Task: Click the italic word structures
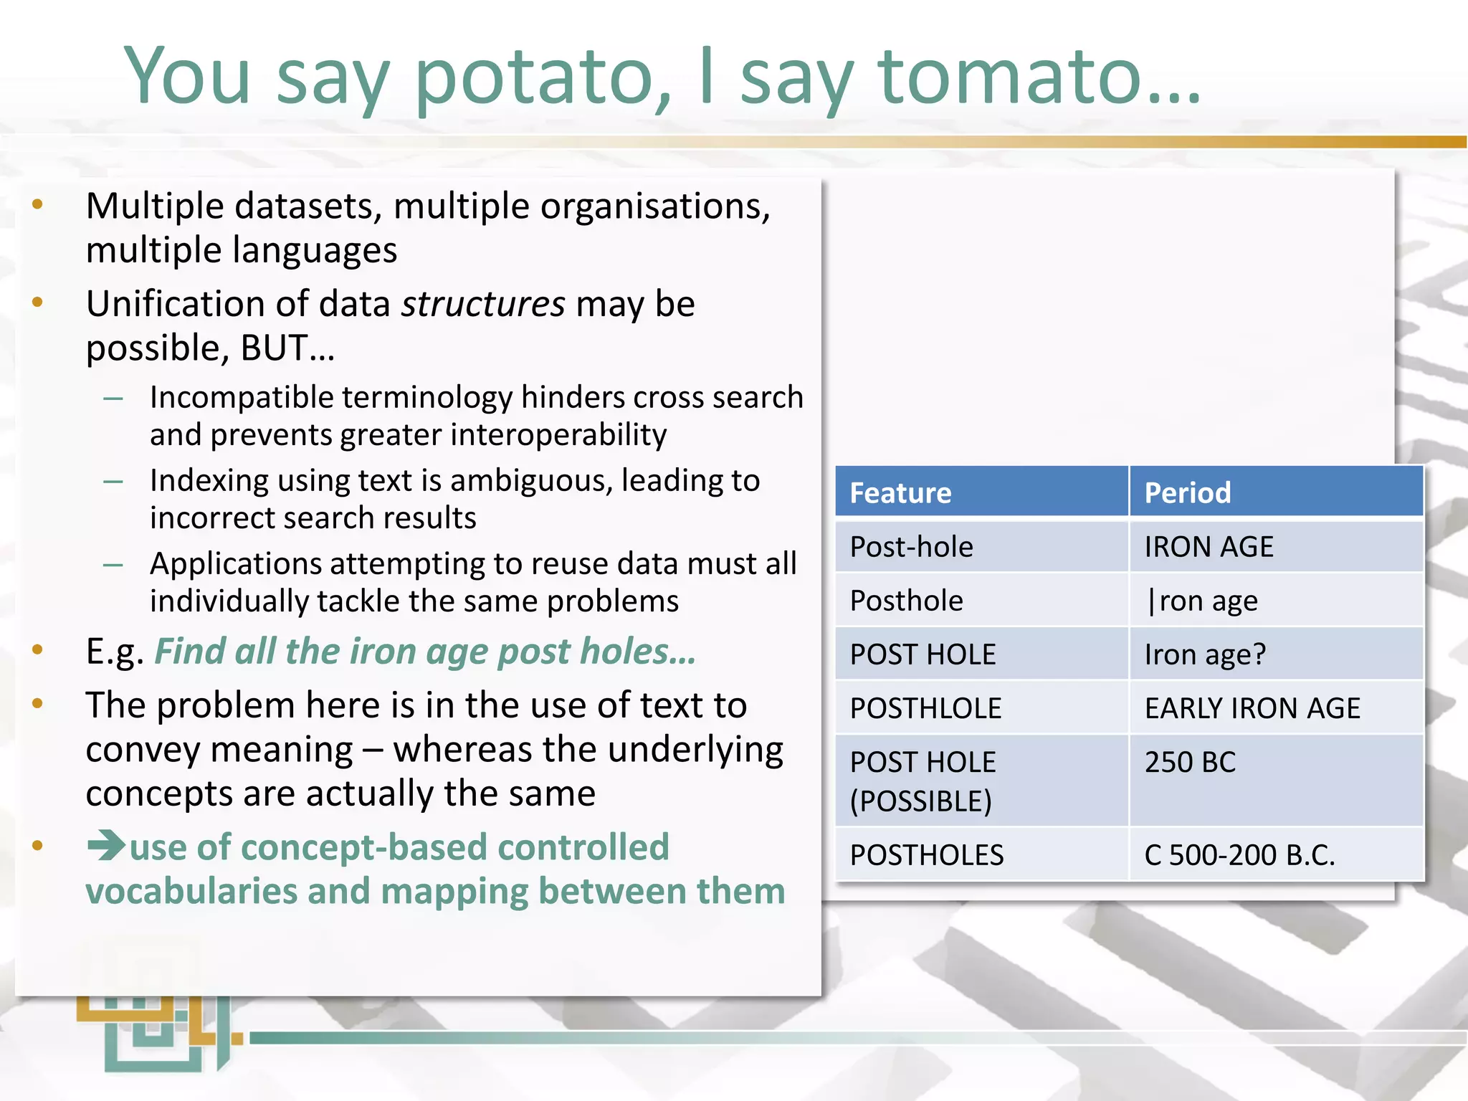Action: pyautogui.click(x=483, y=304)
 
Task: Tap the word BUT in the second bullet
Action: pyautogui.click(x=274, y=348)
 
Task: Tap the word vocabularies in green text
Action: pyautogui.click(x=191, y=892)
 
